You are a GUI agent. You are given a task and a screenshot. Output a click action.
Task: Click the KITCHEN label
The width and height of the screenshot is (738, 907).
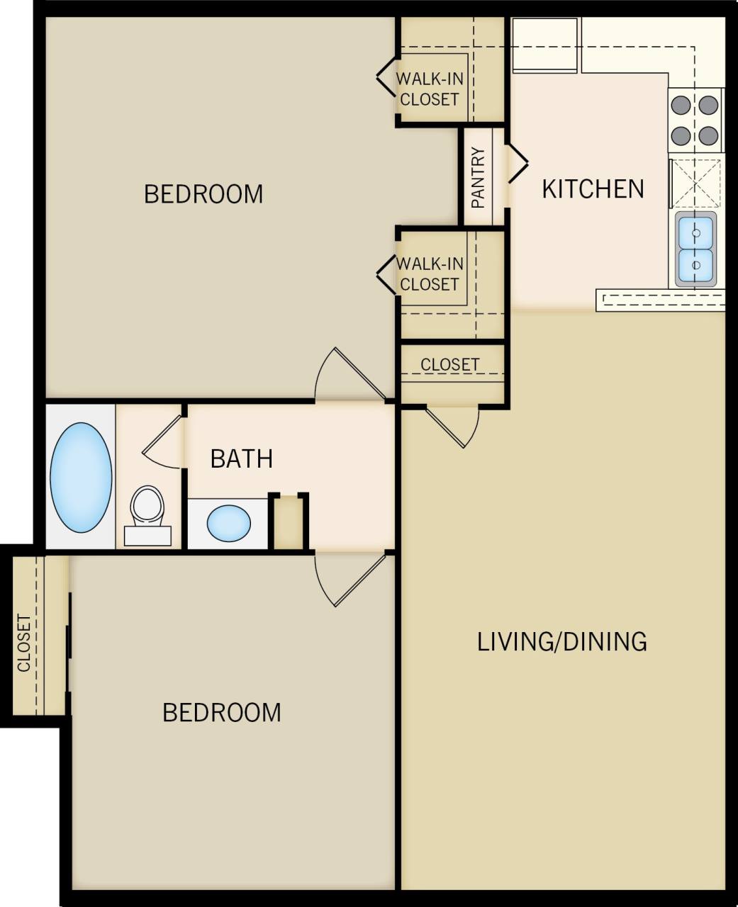coord(593,188)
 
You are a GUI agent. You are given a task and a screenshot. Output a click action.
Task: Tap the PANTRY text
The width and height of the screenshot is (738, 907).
coord(479,178)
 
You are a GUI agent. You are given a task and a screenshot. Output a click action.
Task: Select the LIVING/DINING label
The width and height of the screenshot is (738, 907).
coord(561,641)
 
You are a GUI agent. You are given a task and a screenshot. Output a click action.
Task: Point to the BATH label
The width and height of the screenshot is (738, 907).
coord(242,458)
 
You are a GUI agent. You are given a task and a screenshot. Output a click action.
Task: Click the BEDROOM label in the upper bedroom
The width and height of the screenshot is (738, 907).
coord(203,193)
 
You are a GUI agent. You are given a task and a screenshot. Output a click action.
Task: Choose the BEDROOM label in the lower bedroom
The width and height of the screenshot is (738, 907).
coord(222,712)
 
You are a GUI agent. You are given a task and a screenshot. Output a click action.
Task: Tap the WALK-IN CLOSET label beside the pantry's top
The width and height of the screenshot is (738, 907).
coord(430,89)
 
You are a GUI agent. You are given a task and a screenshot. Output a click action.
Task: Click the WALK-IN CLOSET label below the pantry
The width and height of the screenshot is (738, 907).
coord(430,274)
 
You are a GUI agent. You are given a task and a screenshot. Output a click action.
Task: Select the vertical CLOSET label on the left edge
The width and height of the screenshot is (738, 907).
coord(24,643)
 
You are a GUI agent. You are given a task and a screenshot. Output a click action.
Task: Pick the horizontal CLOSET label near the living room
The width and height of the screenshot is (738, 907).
coord(450,364)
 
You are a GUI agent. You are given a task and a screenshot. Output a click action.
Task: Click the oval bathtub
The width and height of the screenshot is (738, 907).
coord(80,478)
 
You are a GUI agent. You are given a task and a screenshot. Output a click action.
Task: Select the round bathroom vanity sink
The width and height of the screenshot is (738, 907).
coord(228,523)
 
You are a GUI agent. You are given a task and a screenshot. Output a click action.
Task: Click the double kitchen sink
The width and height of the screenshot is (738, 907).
coord(695,248)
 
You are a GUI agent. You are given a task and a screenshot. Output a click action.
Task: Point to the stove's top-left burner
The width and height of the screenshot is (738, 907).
coord(681,105)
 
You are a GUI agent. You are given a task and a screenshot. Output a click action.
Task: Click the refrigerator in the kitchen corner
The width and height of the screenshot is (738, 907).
coord(544,44)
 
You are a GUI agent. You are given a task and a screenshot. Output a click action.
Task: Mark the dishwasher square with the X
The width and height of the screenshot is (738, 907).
coord(695,183)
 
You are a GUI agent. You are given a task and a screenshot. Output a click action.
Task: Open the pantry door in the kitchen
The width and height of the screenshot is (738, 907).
coord(517,164)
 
